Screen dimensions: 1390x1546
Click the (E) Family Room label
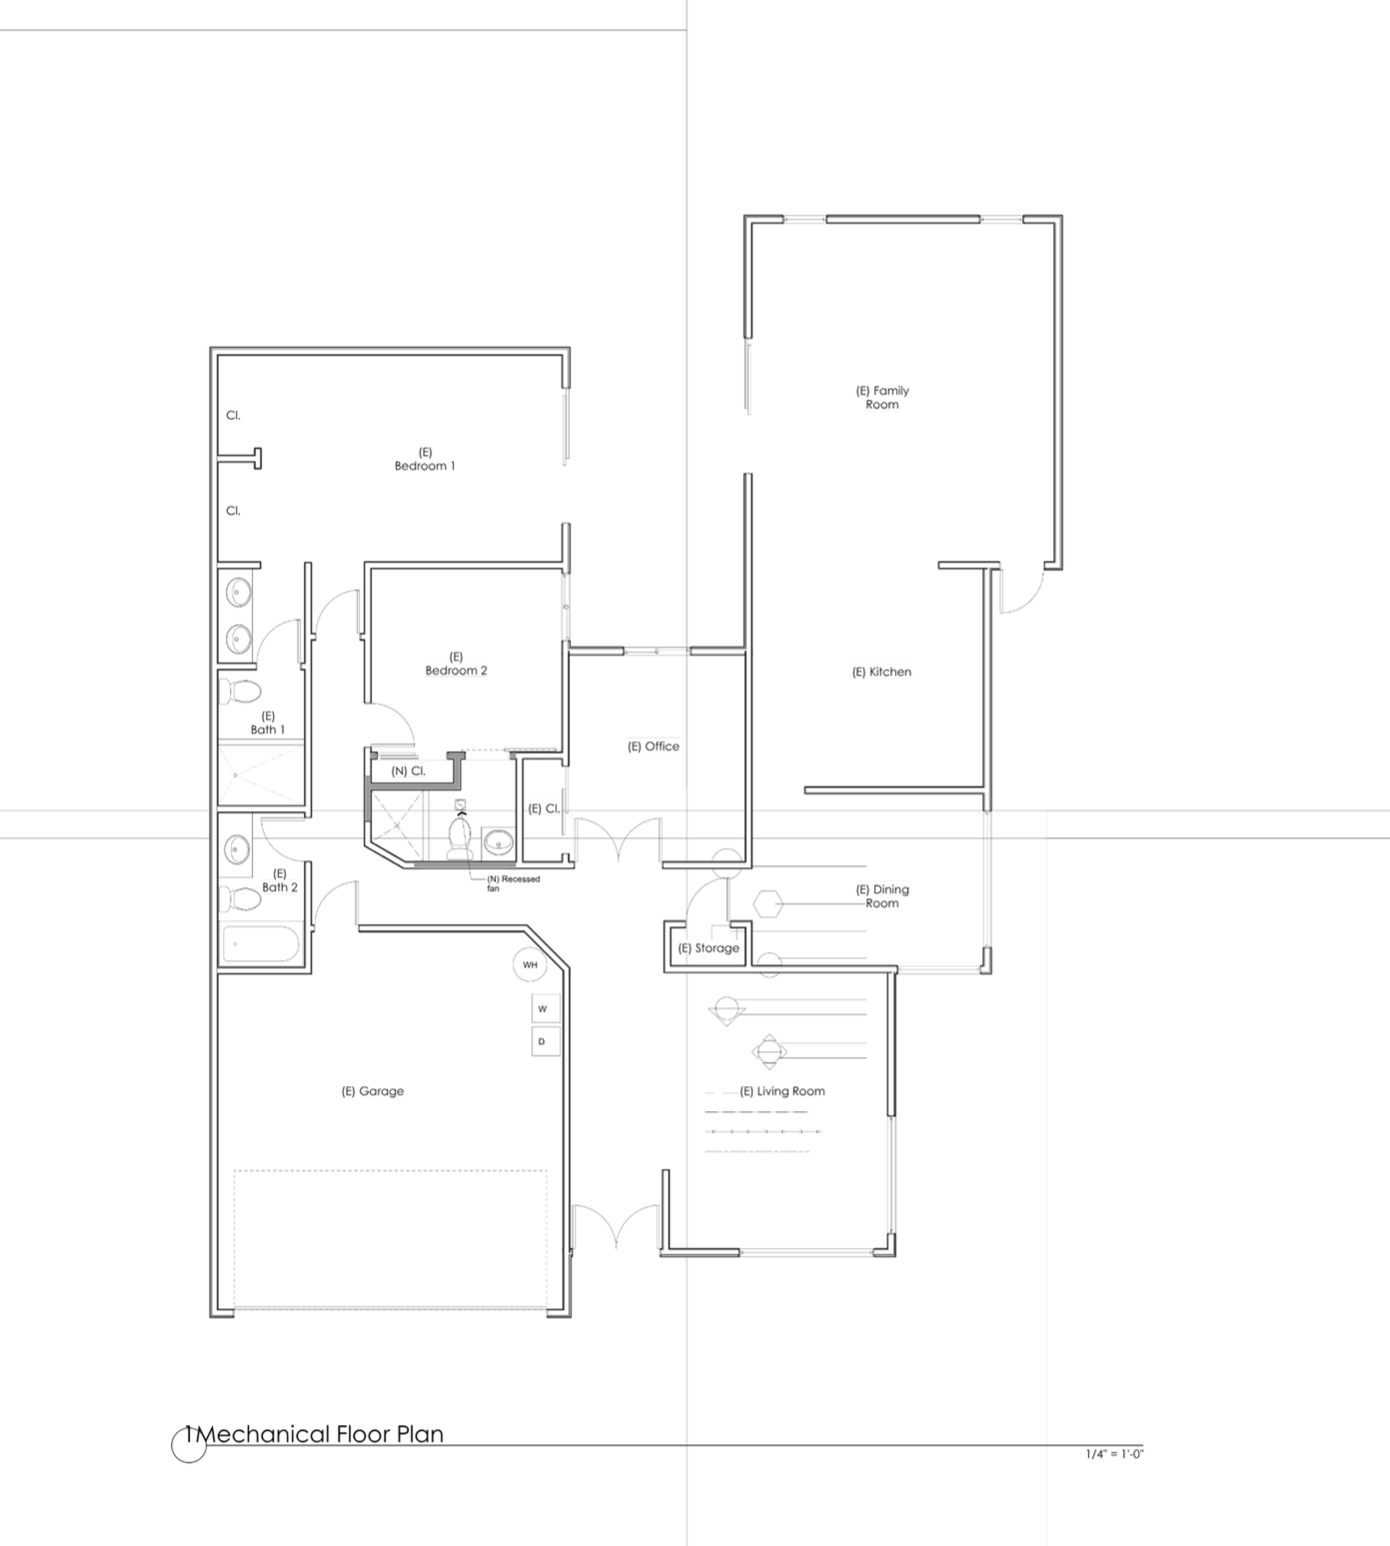(x=882, y=398)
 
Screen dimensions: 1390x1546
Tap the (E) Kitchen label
(x=881, y=672)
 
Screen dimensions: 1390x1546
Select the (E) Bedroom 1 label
(x=425, y=459)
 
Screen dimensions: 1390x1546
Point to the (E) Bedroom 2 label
(x=457, y=664)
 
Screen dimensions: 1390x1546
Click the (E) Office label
(x=654, y=747)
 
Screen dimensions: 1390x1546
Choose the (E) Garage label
(x=373, y=1091)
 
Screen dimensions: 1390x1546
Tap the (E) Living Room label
(x=782, y=1091)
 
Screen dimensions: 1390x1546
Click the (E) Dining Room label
(x=882, y=896)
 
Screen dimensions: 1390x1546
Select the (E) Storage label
(x=708, y=948)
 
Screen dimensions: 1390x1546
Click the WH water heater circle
(x=531, y=965)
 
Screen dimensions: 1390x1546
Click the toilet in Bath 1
(x=240, y=691)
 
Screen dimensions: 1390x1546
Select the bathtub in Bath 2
(x=260, y=943)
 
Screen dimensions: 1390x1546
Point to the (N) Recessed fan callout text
(x=513, y=883)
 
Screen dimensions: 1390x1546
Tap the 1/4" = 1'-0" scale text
(x=1114, y=1454)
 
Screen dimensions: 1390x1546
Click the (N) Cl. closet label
(x=408, y=772)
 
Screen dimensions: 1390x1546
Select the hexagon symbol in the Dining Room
(x=767, y=903)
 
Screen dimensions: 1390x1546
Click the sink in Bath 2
(x=236, y=850)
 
